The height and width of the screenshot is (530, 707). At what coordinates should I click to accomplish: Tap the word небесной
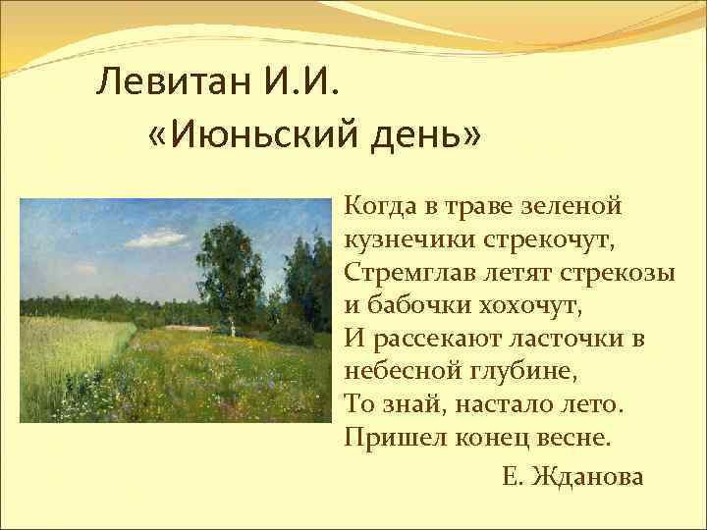coord(397,370)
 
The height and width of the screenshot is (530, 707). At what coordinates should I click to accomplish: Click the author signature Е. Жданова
coord(571,477)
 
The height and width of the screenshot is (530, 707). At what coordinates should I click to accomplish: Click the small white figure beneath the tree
coord(233,330)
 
